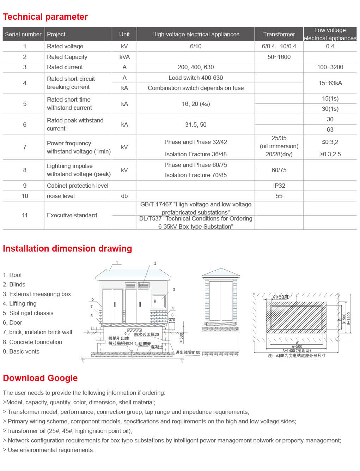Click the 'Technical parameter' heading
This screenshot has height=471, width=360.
[45, 17]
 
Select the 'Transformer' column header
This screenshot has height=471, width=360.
[279, 34]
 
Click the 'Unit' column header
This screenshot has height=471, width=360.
[124, 34]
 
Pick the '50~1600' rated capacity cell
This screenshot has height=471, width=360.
[279, 57]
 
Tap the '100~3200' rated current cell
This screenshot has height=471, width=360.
[330, 67]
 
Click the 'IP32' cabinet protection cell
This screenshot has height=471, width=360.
[279, 186]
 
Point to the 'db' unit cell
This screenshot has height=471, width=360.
[124, 196]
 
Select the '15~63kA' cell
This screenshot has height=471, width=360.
[330, 83]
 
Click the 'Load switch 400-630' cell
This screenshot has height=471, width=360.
[196, 78]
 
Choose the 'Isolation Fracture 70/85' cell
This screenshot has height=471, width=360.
[196, 175]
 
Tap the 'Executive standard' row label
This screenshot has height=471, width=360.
[72, 215]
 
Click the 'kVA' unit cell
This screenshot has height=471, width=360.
[124, 57]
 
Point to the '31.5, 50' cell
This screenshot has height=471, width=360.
[196, 125]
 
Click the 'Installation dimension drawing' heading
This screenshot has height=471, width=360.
[67, 249]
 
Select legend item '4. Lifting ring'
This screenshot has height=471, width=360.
[20, 303]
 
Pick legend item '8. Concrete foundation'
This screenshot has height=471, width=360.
[32, 342]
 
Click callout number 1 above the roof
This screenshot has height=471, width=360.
[117, 262]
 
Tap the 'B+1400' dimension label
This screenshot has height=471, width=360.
[349, 318]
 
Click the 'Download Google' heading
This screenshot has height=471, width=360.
[40, 378]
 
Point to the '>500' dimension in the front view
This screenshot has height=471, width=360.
[181, 338]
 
